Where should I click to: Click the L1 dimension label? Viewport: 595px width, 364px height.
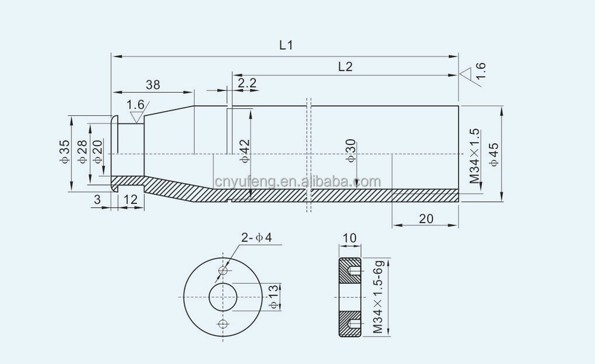(x=287, y=45)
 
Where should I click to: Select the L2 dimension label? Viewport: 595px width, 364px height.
(x=345, y=67)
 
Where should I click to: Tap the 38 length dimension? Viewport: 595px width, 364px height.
(x=153, y=84)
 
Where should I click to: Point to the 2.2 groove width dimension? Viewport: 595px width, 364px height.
(x=247, y=83)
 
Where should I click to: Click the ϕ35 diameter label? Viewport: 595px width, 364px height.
(x=65, y=152)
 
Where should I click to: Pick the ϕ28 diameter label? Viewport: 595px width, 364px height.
(x=82, y=152)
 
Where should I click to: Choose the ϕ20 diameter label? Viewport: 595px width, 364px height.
(x=98, y=152)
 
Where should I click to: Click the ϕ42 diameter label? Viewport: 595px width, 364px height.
(x=245, y=151)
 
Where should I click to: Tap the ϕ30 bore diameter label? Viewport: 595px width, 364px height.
(x=351, y=150)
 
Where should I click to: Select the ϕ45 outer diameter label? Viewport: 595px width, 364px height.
(x=494, y=155)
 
